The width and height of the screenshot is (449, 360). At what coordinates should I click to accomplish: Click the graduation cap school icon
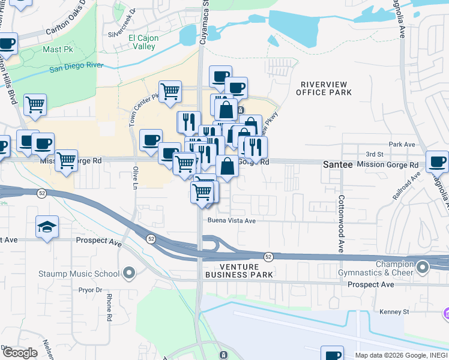pyautogui.click(x=47, y=227)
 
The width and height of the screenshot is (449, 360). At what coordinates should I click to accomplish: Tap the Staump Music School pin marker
pyautogui.click(x=128, y=274)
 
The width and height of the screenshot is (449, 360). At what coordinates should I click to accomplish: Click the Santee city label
pyautogui.click(x=337, y=164)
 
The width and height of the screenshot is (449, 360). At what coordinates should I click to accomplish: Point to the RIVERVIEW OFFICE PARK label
pyautogui.click(x=324, y=88)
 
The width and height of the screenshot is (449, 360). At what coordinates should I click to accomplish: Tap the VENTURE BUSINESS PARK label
pyautogui.click(x=239, y=271)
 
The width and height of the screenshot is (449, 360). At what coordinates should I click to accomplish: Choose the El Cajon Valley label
pyautogui.click(x=142, y=42)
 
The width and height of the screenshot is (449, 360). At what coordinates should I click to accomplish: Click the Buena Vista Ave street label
pyautogui.click(x=232, y=221)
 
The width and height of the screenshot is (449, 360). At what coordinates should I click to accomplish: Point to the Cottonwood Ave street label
pyautogui.click(x=341, y=223)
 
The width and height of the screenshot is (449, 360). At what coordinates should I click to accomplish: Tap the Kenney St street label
pyautogui.click(x=394, y=312)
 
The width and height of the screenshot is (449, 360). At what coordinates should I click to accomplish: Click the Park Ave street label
pyautogui.click(x=402, y=145)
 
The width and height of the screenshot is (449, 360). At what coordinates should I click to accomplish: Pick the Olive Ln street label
pyautogui.click(x=135, y=177)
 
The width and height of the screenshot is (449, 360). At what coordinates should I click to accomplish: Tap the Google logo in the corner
pyautogui.click(x=20, y=353)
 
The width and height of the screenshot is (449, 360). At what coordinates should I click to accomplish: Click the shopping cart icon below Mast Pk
pyautogui.click(x=35, y=104)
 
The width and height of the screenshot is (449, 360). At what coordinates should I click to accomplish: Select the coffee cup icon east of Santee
pyautogui.click(x=437, y=161)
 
